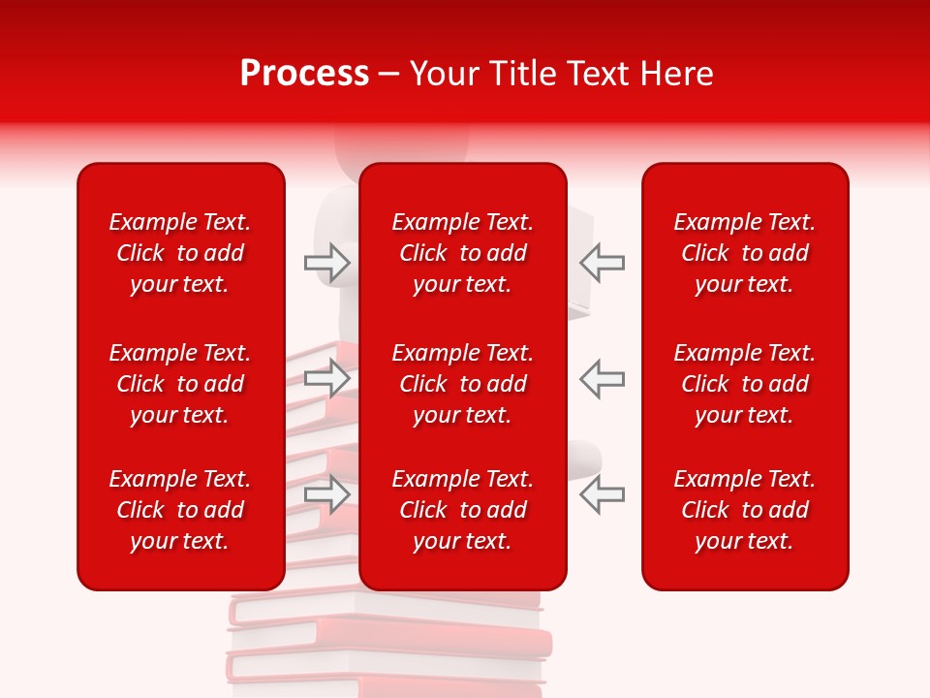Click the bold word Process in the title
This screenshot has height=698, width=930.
click(x=304, y=74)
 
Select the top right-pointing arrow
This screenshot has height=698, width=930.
click(x=327, y=263)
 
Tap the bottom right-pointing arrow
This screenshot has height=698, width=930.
click(x=327, y=493)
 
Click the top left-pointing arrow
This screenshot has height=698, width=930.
click(x=602, y=263)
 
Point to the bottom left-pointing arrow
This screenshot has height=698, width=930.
click(x=602, y=493)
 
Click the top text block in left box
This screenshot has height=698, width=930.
click(x=179, y=253)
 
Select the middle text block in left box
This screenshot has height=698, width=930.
click(x=179, y=384)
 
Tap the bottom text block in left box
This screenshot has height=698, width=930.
click(x=179, y=510)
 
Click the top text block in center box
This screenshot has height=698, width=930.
click(x=462, y=253)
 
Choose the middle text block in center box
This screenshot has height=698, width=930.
click(x=462, y=384)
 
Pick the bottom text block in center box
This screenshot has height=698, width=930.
click(x=462, y=510)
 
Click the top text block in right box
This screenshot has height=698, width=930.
click(x=744, y=253)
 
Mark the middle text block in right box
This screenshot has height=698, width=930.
click(x=744, y=384)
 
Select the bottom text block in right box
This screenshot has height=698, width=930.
click(x=744, y=510)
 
